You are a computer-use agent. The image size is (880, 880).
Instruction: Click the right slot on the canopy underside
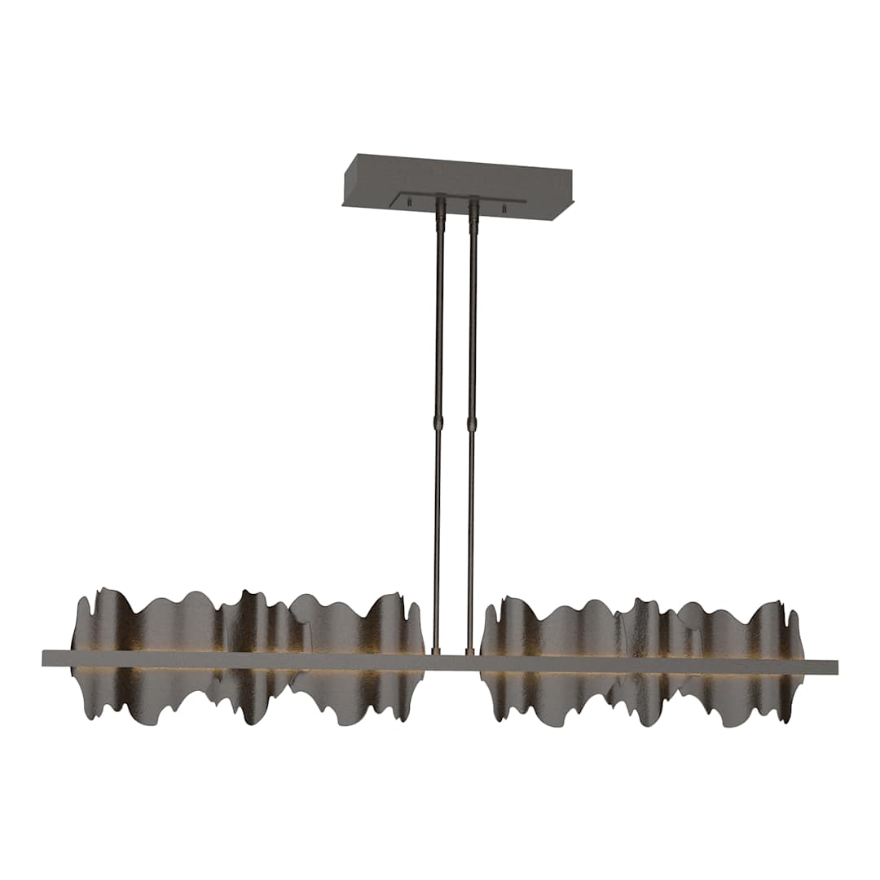click(x=504, y=209)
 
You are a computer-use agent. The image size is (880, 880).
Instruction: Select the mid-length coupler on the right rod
click(x=471, y=425)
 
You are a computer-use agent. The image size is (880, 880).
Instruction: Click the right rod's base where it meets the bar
click(x=469, y=651)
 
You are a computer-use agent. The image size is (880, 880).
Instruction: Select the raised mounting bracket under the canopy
click(x=456, y=197)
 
